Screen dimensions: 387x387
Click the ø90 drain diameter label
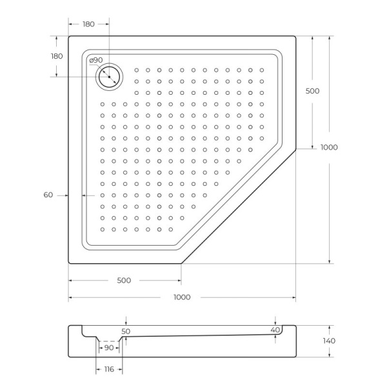(x=95, y=61)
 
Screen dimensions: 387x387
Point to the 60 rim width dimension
(x=48, y=195)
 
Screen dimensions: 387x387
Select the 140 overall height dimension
(x=330, y=341)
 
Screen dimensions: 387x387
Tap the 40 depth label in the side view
(x=275, y=330)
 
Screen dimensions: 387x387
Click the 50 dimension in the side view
(x=126, y=331)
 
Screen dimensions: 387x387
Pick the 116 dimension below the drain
(x=108, y=369)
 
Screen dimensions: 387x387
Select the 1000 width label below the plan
(x=182, y=297)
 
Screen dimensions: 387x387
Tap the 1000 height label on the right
(x=329, y=147)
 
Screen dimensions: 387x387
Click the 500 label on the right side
(x=312, y=91)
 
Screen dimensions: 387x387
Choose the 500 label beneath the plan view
(x=124, y=281)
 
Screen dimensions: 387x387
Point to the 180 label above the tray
(x=88, y=24)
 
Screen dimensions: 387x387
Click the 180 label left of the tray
(x=57, y=56)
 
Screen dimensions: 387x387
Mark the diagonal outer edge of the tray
(x=239, y=206)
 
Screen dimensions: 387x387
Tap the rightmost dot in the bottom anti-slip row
(x=171, y=229)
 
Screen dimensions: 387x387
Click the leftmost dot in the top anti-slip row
(x=137, y=70)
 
